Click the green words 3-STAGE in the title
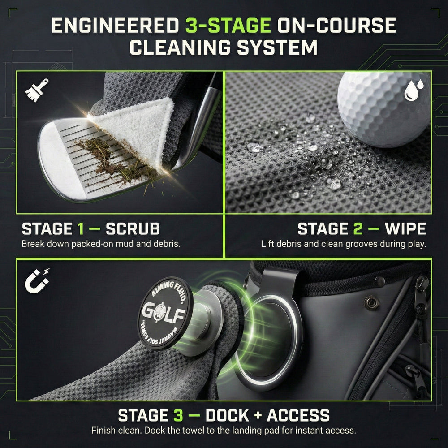tap(228, 26)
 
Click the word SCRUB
tap(133, 229)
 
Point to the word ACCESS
tap(298, 415)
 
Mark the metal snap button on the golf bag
tap(371, 303)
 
